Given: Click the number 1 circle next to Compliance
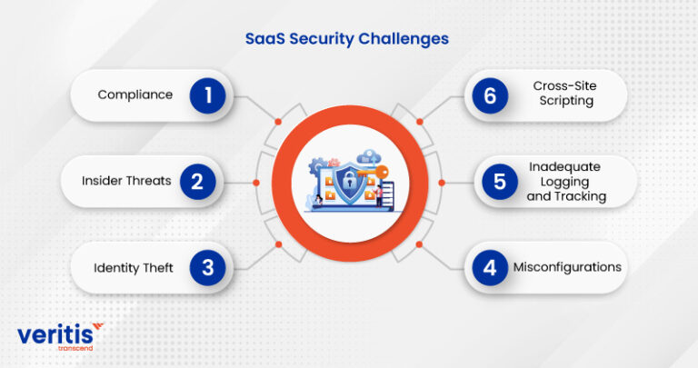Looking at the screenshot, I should click(207, 94).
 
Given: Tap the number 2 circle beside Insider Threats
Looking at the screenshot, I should click(197, 181).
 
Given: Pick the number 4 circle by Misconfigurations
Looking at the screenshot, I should click(489, 268).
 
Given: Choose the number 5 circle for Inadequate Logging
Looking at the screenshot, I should click(499, 181).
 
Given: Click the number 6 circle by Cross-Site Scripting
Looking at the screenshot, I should click(489, 94).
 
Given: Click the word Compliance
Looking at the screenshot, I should click(135, 94).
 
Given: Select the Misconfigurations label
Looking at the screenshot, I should click(567, 267).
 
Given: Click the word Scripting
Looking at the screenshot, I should click(563, 102).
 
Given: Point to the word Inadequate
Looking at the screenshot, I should click(565, 167).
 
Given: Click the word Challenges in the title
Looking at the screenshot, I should click(403, 40).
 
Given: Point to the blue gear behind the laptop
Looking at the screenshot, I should click(317, 167).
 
